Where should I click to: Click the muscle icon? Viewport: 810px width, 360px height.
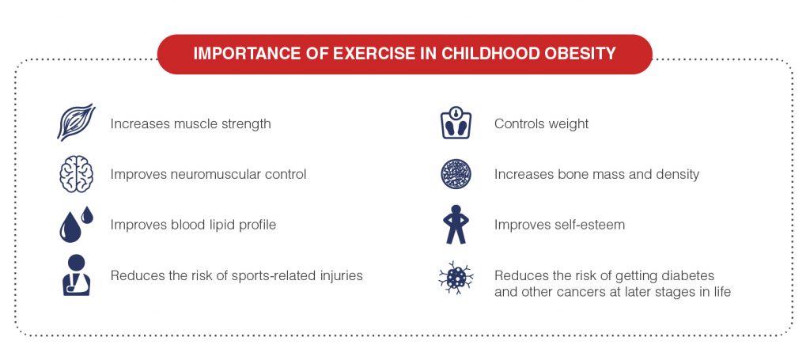[x=76, y=122]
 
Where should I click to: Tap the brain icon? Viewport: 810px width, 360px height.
[x=76, y=175]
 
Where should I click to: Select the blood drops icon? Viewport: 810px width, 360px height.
[x=75, y=224]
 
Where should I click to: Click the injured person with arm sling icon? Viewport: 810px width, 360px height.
[x=76, y=275]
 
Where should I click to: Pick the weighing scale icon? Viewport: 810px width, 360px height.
[x=456, y=123]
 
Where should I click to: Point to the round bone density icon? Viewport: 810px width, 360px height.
[x=456, y=174]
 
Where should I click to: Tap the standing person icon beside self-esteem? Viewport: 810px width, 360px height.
[x=456, y=224]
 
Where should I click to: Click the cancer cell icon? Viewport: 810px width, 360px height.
[x=456, y=278]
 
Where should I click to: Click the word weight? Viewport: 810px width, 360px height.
[x=568, y=124]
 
